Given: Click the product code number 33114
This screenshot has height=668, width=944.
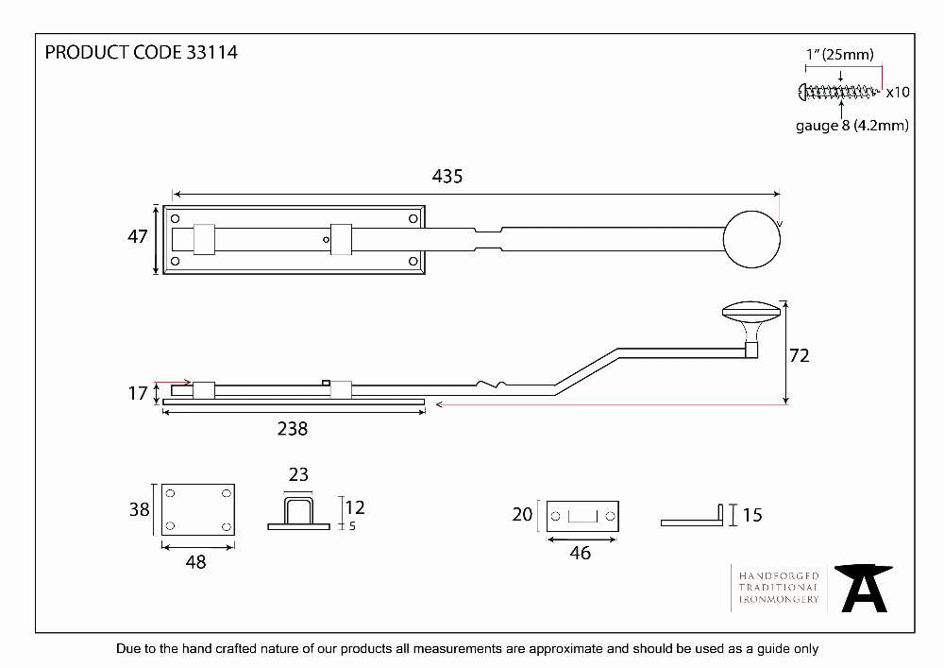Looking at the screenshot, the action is click(211, 52).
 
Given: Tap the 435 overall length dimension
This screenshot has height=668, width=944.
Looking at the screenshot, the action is click(447, 176).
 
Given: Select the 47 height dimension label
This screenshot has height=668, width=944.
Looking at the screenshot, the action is click(137, 236).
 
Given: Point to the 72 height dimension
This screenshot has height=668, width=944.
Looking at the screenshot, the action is click(799, 355).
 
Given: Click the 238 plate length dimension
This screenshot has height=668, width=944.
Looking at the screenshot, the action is click(293, 428).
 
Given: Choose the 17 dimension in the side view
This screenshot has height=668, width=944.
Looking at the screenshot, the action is click(137, 393).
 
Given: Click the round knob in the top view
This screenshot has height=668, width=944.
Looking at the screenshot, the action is click(751, 239).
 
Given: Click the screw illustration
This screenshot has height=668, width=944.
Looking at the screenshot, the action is click(838, 92).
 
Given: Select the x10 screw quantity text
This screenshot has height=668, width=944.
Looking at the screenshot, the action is click(898, 93).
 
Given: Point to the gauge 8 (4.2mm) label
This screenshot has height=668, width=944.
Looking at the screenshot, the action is click(851, 126).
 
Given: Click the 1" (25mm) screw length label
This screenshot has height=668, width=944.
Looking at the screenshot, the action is click(840, 54).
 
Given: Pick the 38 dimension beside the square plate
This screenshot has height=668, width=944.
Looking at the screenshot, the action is click(139, 509).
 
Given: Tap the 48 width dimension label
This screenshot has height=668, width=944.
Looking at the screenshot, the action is click(195, 562).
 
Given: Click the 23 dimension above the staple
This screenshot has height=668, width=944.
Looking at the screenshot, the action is click(298, 474).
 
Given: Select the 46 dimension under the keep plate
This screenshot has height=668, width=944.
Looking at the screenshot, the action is click(581, 553).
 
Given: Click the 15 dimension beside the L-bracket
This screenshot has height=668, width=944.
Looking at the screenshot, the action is click(752, 515).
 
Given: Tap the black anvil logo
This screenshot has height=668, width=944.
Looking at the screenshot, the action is click(864, 588).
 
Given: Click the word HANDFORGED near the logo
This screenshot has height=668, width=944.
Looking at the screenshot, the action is click(779, 575).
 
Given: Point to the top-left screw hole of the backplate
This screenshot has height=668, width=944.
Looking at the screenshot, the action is click(176, 218).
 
